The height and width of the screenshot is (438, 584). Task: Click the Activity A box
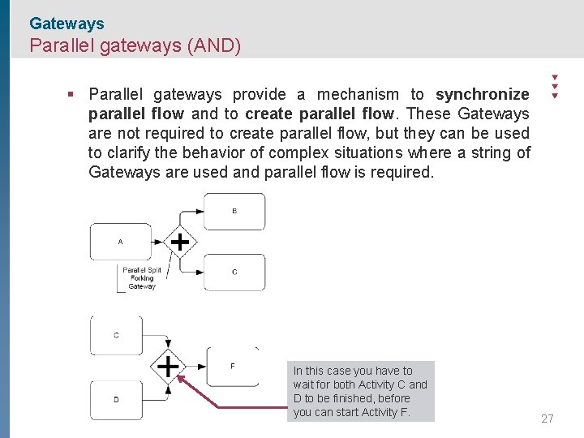pyautogui.click(x=120, y=242)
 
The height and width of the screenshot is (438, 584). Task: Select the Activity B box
pyautogui.click(x=234, y=211)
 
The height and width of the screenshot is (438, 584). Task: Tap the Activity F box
pyautogui.click(x=233, y=366)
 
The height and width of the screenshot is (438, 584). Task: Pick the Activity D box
pyautogui.click(x=117, y=400)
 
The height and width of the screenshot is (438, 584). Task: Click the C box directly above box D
pyautogui.click(x=117, y=335)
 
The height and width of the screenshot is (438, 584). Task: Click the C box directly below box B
pyautogui.click(x=234, y=272)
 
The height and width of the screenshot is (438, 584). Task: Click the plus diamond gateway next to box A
pyautogui.click(x=179, y=242)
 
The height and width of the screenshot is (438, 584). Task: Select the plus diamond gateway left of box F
pyautogui.click(x=168, y=367)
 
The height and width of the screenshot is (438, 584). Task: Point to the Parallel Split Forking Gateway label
pyautogui.click(x=142, y=277)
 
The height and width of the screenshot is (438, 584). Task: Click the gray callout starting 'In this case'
pyautogui.click(x=361, y=391)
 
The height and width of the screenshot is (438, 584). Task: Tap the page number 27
pyautogui.click(x=547, y=419)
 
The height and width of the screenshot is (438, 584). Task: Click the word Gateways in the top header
pyautogui.click(x=67, y=24)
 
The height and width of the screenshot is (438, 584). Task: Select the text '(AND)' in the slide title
pyautogui.click(x=213, y=45)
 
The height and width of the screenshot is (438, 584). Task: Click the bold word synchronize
pyautogui.click(x=482, y=94)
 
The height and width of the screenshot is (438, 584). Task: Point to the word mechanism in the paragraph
pyautogui.click(x=358, y=94)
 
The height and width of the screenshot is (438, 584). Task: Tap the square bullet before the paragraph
pyautogui.click(x=71, y=94)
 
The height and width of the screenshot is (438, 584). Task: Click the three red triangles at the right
pyautogui.click(x=554, y=86)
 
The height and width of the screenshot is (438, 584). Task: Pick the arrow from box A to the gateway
pyautogui.click(x=158, y=242)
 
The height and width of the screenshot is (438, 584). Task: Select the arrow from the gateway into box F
pyautogui.click(x=195, y=367)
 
